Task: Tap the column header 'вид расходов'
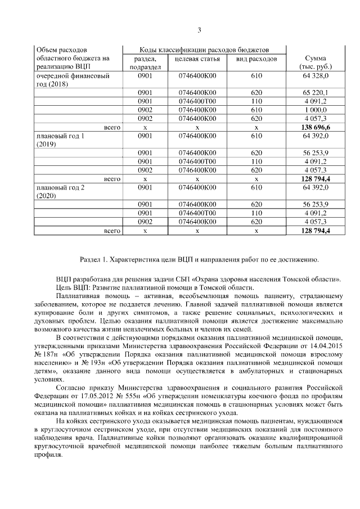(256, 59)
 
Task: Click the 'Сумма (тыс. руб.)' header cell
(315, 62)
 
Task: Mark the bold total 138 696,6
(315, 128)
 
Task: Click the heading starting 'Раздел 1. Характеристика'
(199, 259)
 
